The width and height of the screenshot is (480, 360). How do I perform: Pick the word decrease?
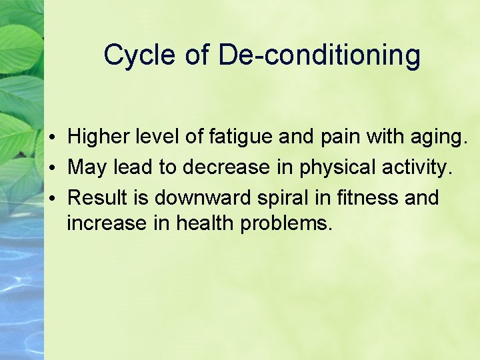click(x=224, y=167)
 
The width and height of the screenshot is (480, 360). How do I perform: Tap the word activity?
click(x=415, y=168)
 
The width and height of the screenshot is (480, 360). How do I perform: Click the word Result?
click(x=97, y=197)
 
